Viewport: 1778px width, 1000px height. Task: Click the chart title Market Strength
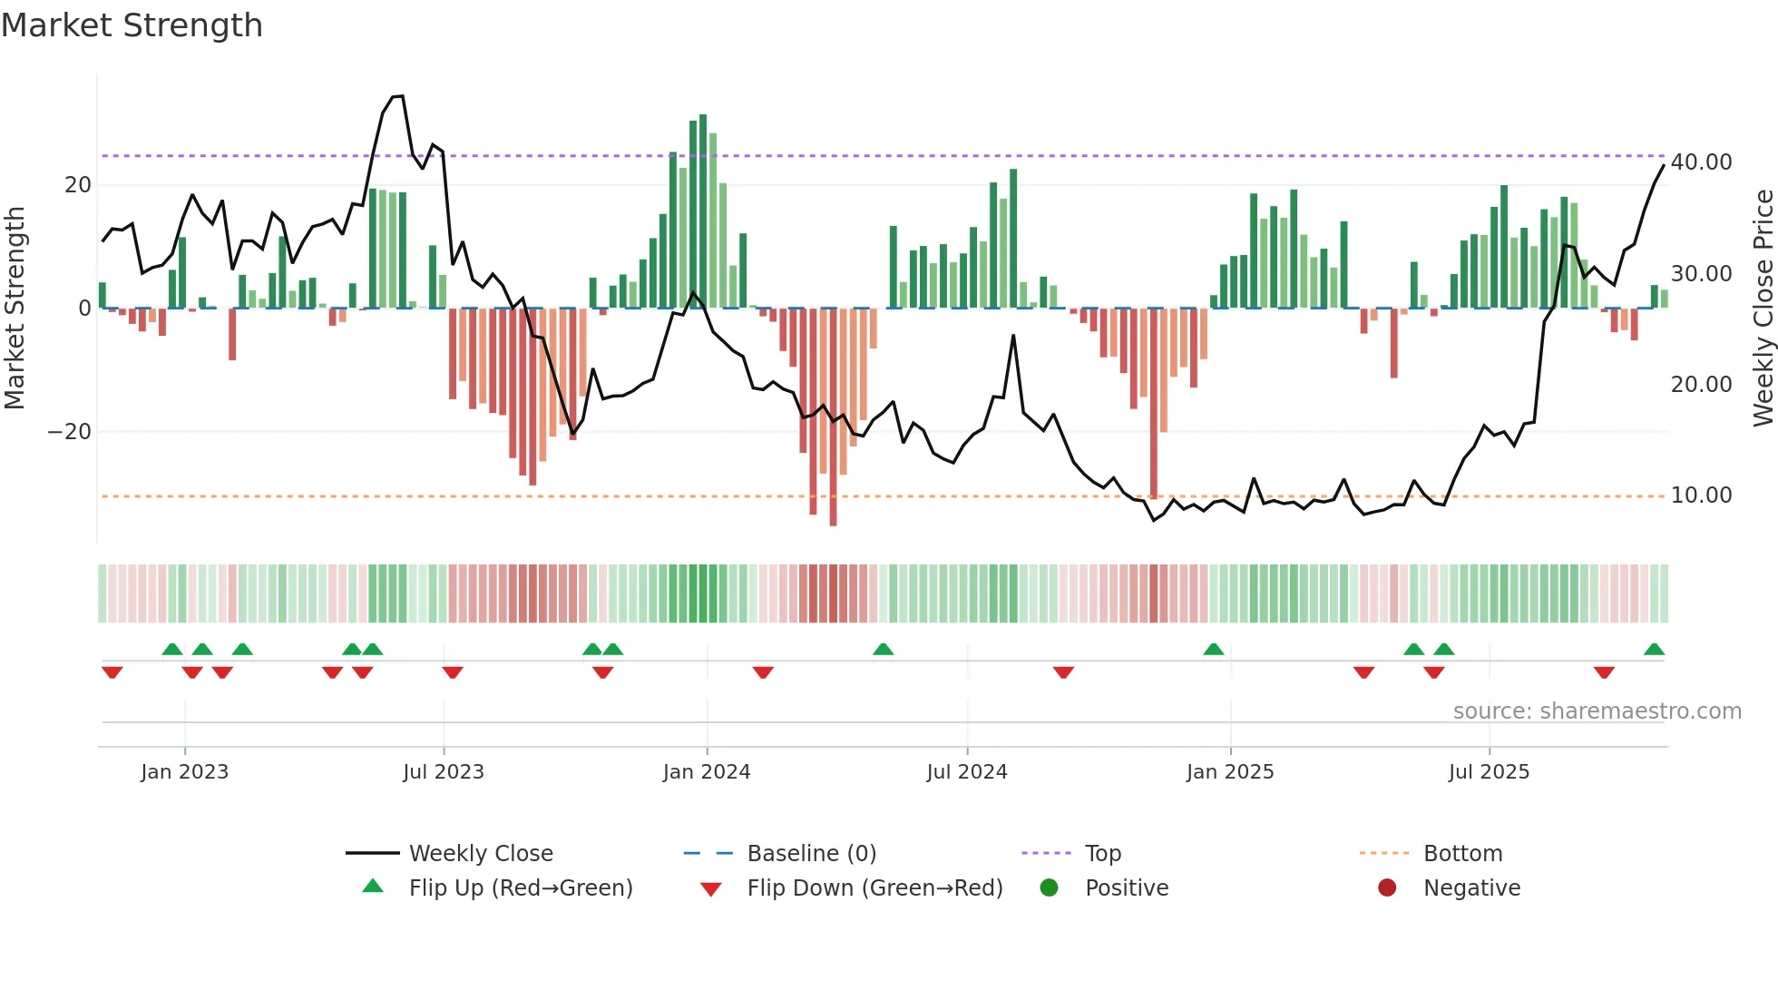[132, 25]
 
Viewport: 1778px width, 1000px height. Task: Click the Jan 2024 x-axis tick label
[706, 772]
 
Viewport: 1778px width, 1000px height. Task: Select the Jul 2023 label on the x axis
[444, 772]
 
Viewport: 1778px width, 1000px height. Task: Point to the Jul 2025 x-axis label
[1489, 772]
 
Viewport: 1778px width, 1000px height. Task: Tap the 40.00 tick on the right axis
[1701, 162]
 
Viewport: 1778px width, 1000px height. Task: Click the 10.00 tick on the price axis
[1701, 495]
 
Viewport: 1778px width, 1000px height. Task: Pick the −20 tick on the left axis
[69, 432]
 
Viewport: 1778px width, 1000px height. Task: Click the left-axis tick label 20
[77, 185]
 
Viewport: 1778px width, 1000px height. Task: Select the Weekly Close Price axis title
[1763, 309]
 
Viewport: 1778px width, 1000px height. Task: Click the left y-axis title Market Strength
[15, 309]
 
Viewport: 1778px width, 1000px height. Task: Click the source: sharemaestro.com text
[1597, 711]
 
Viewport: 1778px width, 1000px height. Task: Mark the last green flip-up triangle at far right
[1654, 650]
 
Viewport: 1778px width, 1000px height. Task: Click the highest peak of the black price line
[398, 96]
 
